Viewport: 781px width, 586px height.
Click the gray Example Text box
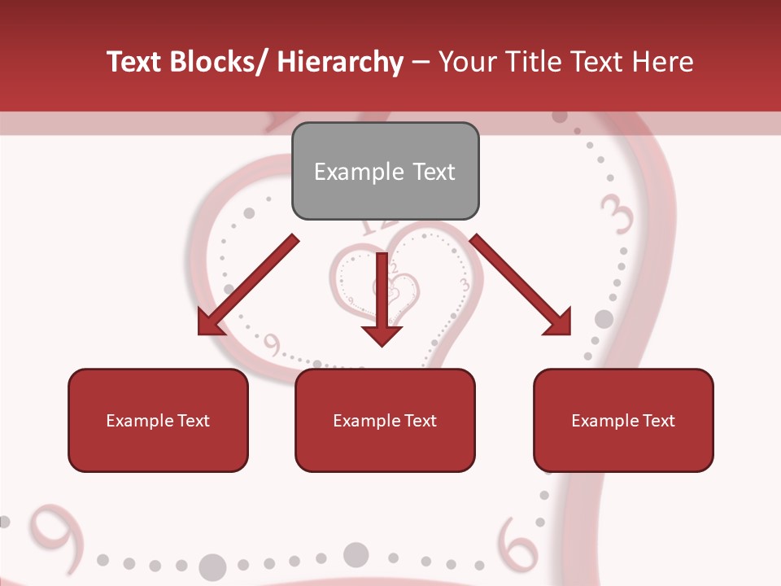[385, 171]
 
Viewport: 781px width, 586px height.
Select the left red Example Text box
[158, 420]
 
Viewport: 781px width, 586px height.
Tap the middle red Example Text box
[385, 420]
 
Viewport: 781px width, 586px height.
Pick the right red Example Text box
[623, 420]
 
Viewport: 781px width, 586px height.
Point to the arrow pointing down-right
[521, 285]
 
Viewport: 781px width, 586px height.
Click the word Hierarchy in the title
[340, 62]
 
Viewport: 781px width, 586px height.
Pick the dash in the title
[421, 62]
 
